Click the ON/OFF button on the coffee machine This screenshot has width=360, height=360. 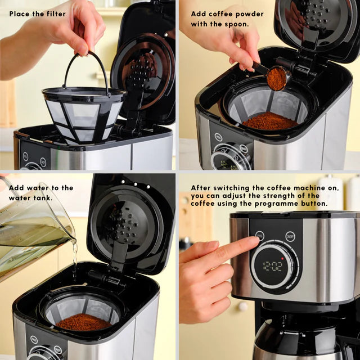290,236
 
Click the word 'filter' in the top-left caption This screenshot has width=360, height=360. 54,13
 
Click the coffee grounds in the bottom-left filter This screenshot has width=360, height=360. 84,322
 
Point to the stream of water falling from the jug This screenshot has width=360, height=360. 75,259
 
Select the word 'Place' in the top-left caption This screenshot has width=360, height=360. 20,13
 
